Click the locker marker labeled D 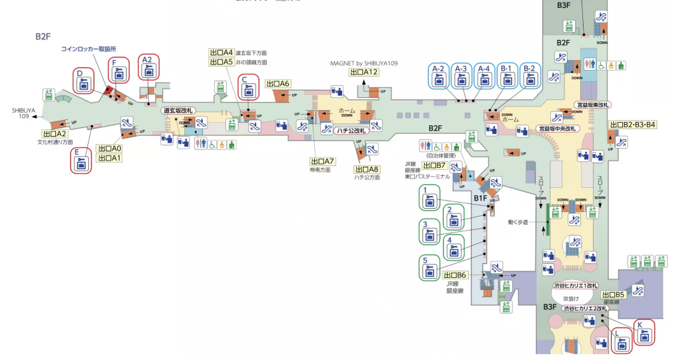tap(83, 81)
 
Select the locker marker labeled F tap(119, 69)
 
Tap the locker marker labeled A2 tap(149, 66)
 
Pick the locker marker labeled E tap(81, 161)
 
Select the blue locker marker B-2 tap(529, 76)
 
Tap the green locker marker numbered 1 tap(430, 199)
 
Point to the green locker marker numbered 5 tap(429, 268)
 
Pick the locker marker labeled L tap(622, 341)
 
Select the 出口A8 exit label tap(366, 169)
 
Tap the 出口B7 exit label tap(434, 165)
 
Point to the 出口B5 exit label tap(613, 294)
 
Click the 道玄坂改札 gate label tap(178, 110)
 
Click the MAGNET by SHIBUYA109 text tap(364, 63)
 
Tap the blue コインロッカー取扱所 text tap(89, 49)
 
